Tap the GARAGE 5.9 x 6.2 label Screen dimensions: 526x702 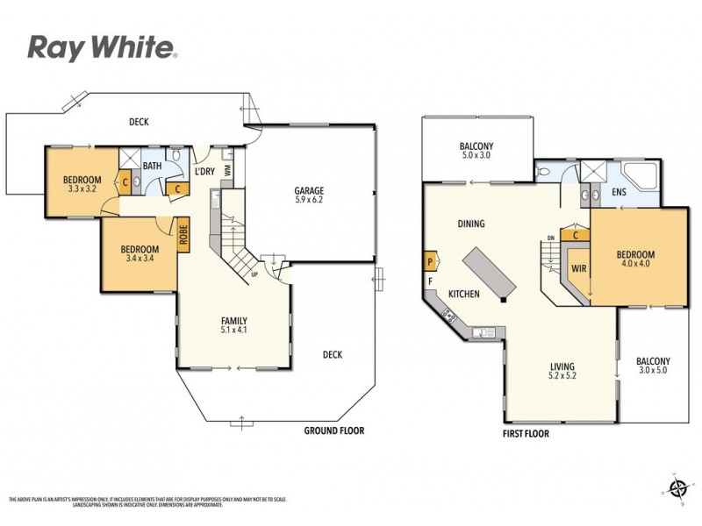[309, 195]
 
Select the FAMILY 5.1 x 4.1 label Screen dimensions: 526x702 [233, 325]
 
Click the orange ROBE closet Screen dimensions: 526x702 [183, 236]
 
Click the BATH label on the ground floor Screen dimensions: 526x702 [152, 166]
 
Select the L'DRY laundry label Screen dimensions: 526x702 [204, 171]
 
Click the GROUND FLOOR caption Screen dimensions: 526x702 [333, 430]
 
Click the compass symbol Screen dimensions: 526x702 [676, 487]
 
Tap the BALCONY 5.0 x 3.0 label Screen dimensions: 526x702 [476, 151]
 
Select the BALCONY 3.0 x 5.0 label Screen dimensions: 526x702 [653, 366]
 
